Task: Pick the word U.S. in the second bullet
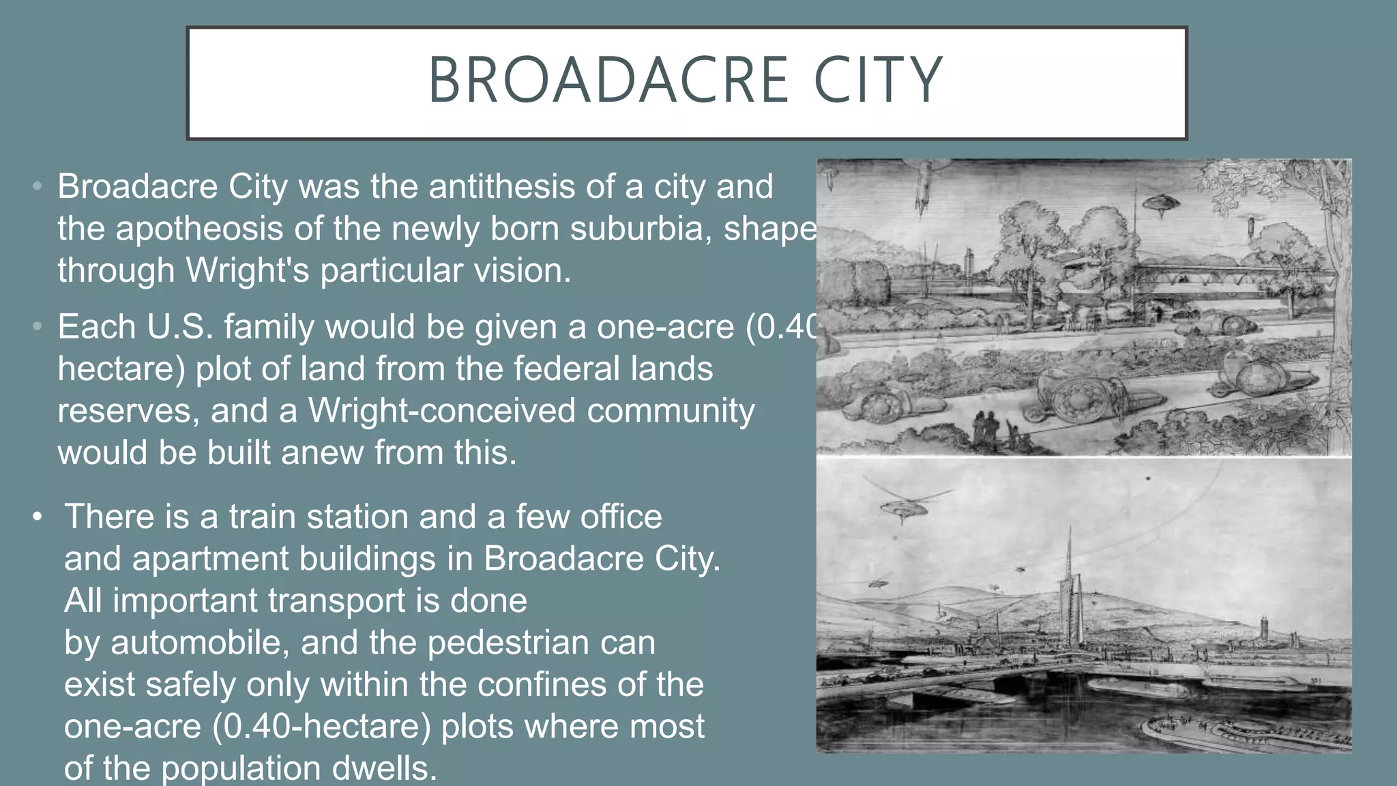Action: [x=179, y=327]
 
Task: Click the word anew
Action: [x=322, y=453]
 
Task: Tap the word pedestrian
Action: [x=510, y=643]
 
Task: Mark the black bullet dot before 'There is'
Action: [x=38, y=516]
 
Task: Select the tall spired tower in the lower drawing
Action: [x=1069, y=600]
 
